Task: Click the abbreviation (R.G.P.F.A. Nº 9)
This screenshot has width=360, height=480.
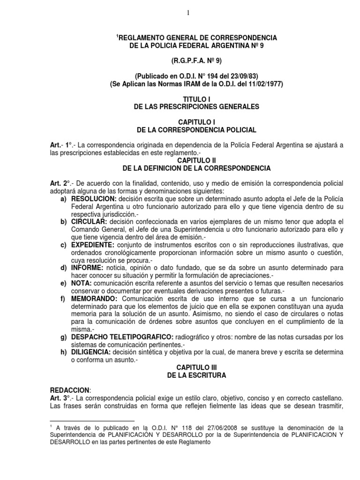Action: tap(196, 60)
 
